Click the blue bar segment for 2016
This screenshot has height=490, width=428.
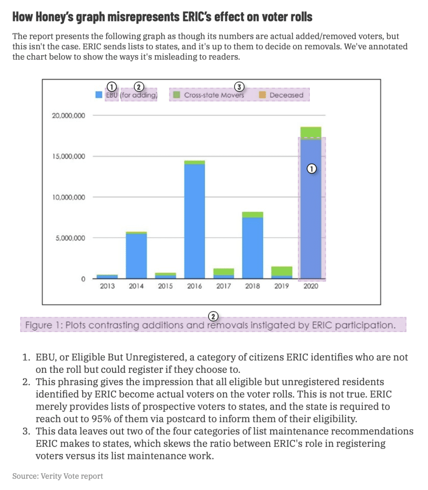click(195, 220)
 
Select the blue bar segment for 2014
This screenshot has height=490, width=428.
click(136, 256)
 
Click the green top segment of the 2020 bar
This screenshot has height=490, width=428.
click(311, 132)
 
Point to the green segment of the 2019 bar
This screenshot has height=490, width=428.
click(282, 271)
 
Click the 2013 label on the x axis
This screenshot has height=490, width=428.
click(107, 287)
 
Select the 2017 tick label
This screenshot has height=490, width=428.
click(224, 287)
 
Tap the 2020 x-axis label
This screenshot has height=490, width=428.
click(311, 287)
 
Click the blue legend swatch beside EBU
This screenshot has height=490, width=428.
click(99, 95)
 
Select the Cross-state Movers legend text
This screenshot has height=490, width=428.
click(214, 95)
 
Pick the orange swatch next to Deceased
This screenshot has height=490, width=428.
click(262, 95)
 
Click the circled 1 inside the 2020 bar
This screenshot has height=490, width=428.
click(311, 168)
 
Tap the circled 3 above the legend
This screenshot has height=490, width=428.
click(239, 87)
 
